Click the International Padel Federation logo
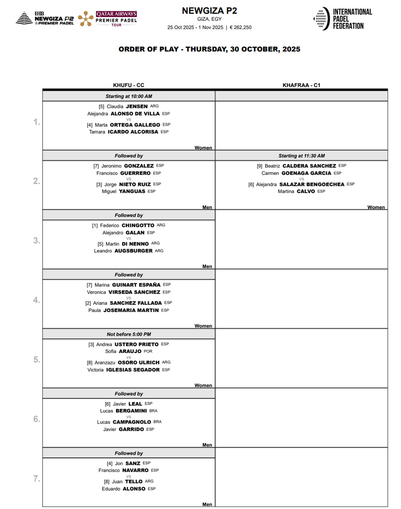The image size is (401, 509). [x=342, y=18]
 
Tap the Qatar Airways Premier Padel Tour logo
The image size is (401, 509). [x=108, y=19]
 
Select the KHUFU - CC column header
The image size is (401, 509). [x=129, y=85]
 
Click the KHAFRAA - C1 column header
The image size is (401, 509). [x=301, y=85]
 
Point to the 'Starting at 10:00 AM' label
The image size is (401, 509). [x=129, y=96]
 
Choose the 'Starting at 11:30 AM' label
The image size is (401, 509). [x=302, y=156]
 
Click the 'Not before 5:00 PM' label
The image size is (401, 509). [x=129, y=334]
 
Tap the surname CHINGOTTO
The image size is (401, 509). [x=138, y=225]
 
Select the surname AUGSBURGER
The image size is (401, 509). [x=134, y=251]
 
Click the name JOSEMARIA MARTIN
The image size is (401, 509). [x=131, y=310]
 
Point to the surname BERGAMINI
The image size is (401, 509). [x=131, y=411]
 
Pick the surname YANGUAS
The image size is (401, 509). [x=132, y=191]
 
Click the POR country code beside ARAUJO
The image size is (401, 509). [x=148, y=351]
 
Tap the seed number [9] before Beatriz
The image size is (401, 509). [x=260, y=166]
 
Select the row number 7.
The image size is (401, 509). [x=36, y=479]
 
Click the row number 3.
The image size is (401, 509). [x=36, y=241]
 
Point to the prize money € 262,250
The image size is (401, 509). [x=241, y=27]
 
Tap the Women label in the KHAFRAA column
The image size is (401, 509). [x=376, y=207]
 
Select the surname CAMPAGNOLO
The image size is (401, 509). [x=132, y=422]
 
